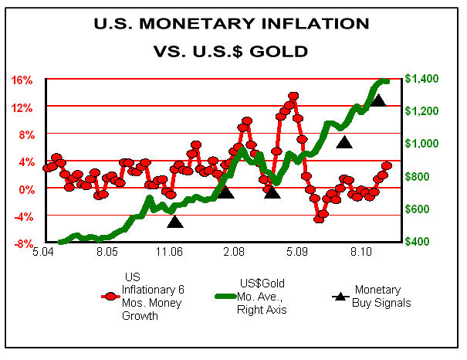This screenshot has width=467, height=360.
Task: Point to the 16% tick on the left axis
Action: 22,80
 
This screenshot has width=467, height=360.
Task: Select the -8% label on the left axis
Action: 22,243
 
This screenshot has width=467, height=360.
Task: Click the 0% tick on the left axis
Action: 25,188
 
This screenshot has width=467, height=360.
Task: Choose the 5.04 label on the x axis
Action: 44,253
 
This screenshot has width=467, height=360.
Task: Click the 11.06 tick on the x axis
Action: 170,253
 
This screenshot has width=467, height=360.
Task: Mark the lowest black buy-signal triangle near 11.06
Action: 175,222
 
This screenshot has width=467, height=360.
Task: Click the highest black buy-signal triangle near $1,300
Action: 378,100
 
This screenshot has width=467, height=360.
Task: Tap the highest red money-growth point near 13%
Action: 293,97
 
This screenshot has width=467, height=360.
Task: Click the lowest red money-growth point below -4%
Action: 319,219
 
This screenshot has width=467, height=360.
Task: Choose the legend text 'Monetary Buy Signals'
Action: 381,296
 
